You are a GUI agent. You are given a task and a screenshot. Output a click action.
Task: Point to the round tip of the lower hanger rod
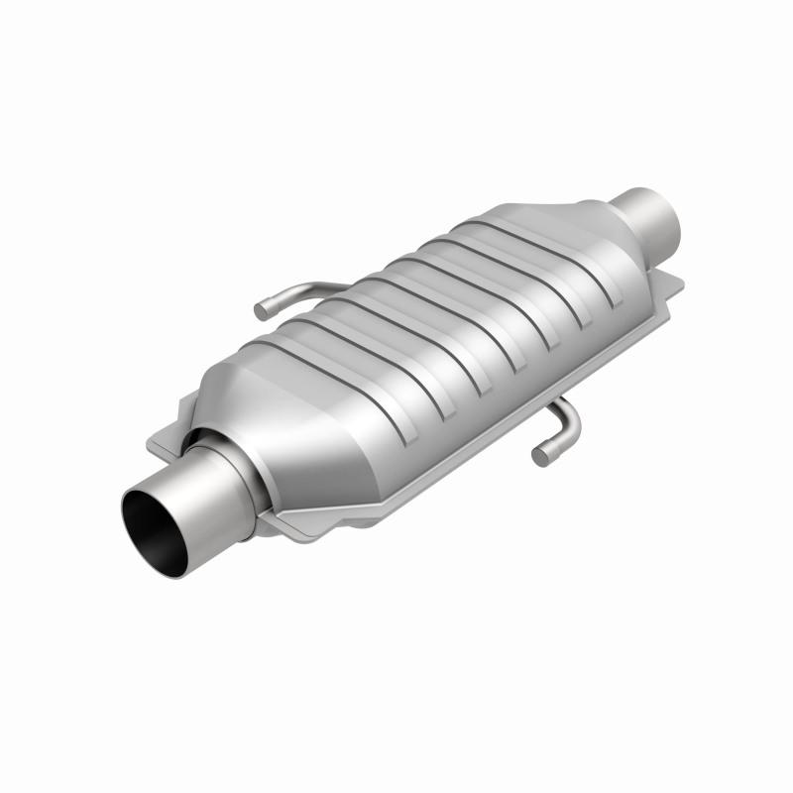(541, 457)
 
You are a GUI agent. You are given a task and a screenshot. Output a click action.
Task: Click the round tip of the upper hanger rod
(262, 311)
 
